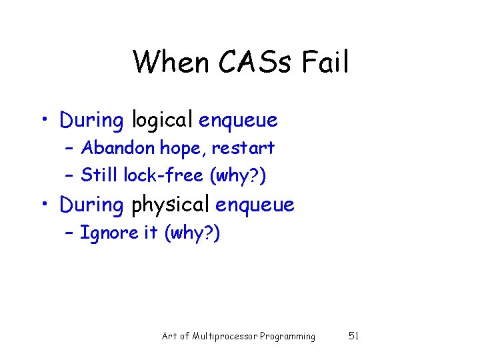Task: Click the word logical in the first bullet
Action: point(162,121)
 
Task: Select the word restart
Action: point(244,148)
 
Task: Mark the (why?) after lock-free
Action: point(238,175)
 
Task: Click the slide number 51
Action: point(353,336)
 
